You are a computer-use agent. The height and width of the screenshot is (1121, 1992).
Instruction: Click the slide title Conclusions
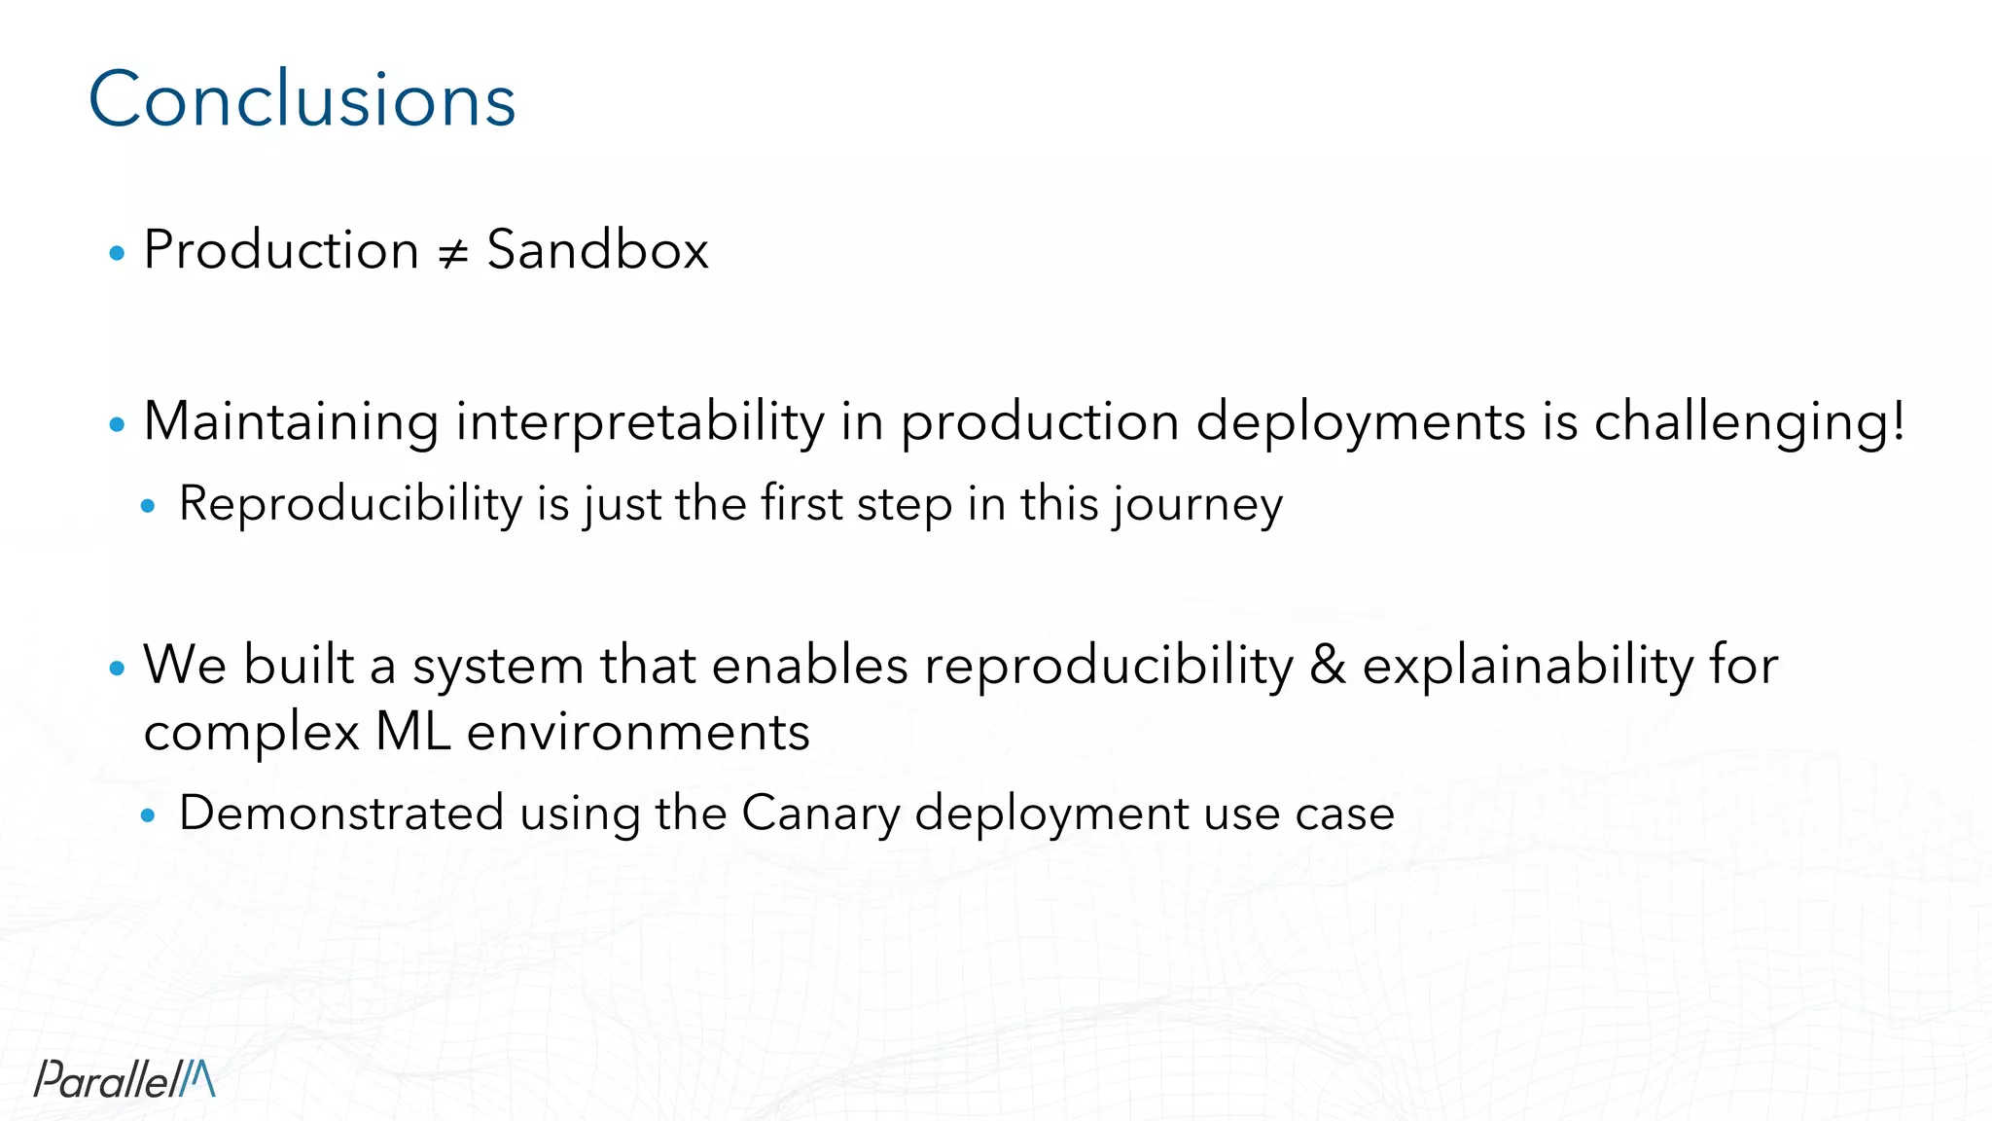click(x=302, y=99)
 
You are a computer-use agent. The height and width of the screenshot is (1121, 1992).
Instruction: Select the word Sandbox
click(x=597, y=250)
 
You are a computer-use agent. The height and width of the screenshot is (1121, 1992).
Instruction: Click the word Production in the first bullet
click(x=281, y=250)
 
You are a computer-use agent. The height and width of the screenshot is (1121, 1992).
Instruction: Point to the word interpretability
click(x=640, y=422)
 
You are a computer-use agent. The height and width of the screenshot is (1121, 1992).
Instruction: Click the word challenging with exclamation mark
click(x=1749, y=422)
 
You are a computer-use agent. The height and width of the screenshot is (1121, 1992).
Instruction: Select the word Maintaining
click(x=291, y=422)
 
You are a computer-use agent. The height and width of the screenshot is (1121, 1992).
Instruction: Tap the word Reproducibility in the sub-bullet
click(x=351, y=504)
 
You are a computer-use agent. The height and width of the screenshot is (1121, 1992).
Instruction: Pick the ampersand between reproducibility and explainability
click(x=1328, y=667)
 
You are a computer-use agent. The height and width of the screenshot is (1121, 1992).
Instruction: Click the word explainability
click(x=1528, y=667)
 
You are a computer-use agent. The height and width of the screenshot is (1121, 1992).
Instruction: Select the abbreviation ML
click(x=412, y=732)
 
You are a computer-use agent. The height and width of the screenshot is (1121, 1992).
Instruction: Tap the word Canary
click(x=820, y=814)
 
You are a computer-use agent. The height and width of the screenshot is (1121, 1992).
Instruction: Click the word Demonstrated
click(x=341, y=813)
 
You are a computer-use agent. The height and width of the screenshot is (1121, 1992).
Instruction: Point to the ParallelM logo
click(x=124, y=1078)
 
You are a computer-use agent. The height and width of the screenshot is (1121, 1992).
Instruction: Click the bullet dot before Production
click(x=118, y=254)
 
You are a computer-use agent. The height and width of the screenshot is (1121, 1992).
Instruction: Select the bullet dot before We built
click(x=118, y=669)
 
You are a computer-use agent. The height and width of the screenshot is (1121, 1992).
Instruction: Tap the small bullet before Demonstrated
click(x=148, y=814)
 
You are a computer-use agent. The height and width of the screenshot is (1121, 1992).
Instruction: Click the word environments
click(x=638, y=732)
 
